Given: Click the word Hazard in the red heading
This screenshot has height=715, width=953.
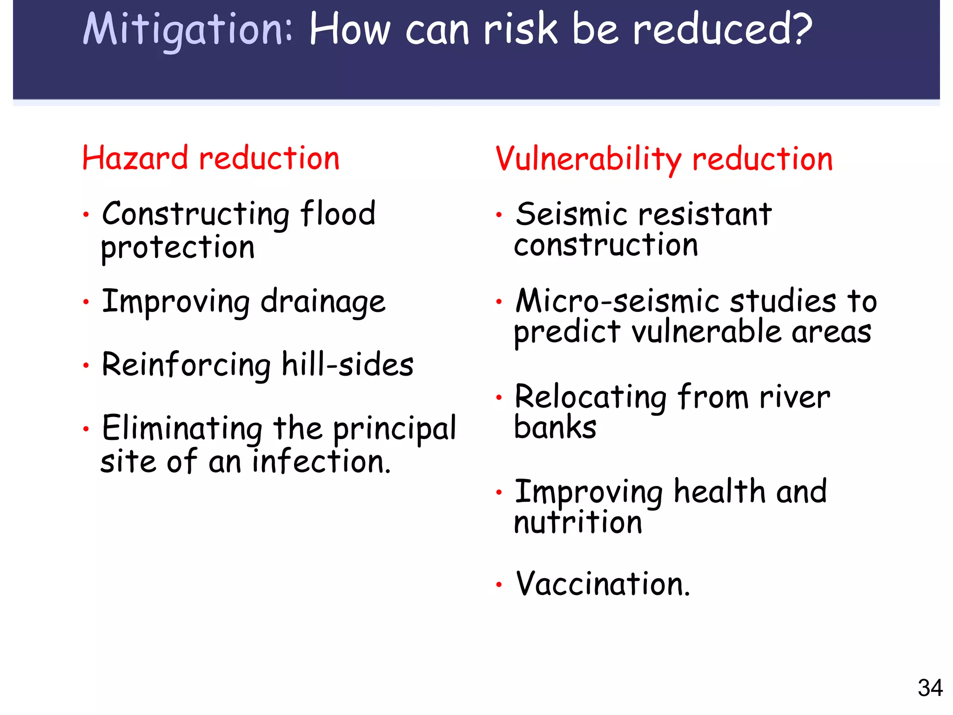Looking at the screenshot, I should pos(135,158).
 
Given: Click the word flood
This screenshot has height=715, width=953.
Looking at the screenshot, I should pos(337,214).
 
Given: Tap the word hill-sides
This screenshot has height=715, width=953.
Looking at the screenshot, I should pos(348,364).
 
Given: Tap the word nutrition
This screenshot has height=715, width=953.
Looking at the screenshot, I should pos(578,522).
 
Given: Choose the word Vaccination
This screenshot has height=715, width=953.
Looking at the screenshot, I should pos(603,584).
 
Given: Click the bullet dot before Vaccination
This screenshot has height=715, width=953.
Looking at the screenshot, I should pos(499,585).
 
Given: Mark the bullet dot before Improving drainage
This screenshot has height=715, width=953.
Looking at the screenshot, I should pos(86,303).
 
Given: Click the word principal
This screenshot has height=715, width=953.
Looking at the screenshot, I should pos(395,428).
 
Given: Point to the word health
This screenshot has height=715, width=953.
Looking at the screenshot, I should pos(719,492).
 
